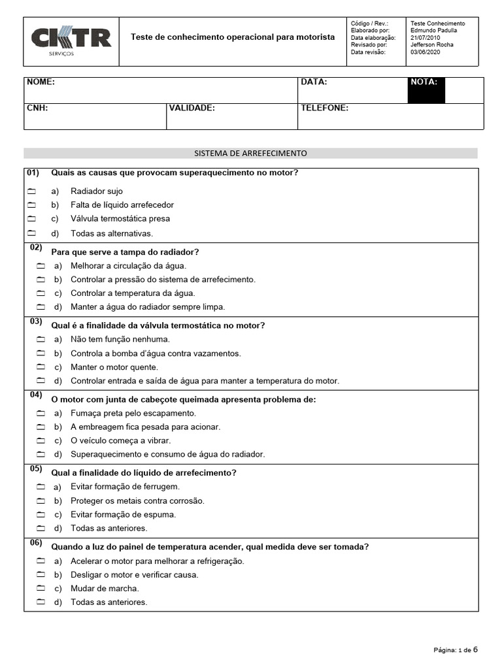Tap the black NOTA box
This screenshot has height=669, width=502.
coord(426,90)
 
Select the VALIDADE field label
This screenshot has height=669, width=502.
coord(192,108)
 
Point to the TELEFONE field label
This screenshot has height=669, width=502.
coord(324,108)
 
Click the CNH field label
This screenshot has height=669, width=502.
coord(37,108)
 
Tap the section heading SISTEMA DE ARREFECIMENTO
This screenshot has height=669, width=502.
coord(250,154)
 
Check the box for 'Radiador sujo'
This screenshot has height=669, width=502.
coord(31,191)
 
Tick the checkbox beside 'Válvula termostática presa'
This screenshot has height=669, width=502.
coord(31,219)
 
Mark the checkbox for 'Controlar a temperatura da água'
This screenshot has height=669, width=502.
coord(41,293)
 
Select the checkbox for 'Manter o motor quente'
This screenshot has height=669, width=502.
coord(41,367)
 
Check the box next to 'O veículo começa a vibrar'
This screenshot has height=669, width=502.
coord(41,441)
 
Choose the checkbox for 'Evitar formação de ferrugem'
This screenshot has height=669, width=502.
coord(41,487)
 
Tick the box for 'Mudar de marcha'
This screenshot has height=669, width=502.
coord(41,589)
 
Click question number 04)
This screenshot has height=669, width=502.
coord(35,395)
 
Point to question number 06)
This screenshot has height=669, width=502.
coord(35,543)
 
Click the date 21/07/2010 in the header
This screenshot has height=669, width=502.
coord(426,38)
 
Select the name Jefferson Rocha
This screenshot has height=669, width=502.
coord(432,45)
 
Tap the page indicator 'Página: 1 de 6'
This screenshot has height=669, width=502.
coord(456,649)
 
